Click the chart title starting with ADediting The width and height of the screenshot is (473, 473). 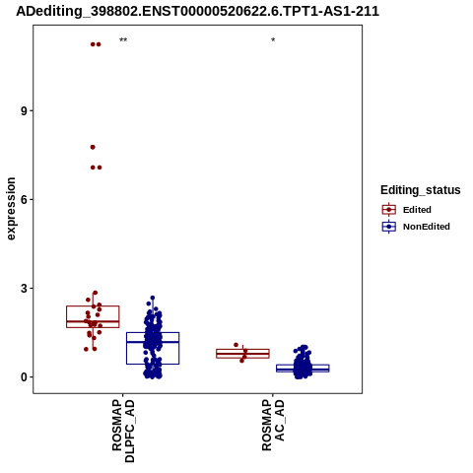click(x=197, y=11)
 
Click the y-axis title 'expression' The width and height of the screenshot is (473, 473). click(x=11, y=209)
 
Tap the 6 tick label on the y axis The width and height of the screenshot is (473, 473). click(x=24, y=199)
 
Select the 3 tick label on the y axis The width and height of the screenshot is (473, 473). click(x=24, y=289)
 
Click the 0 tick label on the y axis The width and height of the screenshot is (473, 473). click(x=24, y=377)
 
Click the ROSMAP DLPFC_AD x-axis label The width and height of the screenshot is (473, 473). click(x=123, y=431)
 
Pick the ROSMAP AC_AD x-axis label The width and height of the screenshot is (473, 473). click(x=273, y=426)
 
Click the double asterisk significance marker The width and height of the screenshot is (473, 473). click(x=123, y=40)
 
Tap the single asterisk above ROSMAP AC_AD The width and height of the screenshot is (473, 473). click(x=273, y=40)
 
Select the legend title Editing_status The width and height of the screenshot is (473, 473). click(x=421, y=190)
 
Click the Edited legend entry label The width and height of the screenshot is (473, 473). click(x=417, y=210)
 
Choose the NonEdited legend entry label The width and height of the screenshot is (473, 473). click(x=427, y=227)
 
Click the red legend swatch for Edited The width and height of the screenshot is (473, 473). click(x=389, y=210)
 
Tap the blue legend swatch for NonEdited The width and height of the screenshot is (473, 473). click(x=389, y=227)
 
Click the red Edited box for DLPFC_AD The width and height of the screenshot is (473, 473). click(x=93, y=306)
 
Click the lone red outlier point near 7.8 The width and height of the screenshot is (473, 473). click(x=93, y=147)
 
